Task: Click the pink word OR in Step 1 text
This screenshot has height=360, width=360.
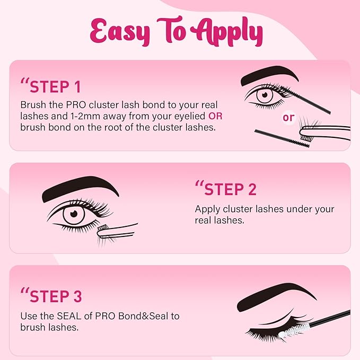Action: (x=215, y=116)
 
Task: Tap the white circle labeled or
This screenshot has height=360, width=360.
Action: (x=288, y=118)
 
